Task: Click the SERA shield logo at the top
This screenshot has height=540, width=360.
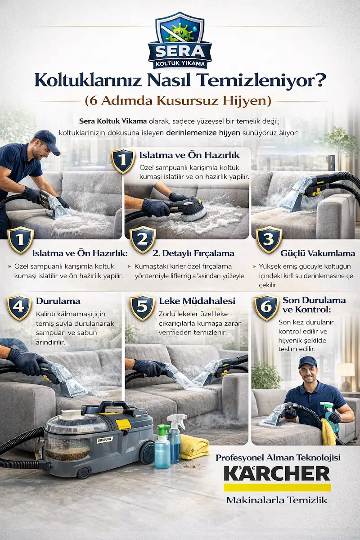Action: pos(180,40)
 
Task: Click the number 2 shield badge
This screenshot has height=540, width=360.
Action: pos(143,240)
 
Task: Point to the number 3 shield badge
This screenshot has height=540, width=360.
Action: pos(269,240)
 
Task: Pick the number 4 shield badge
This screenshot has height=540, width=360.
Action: pos(19,307)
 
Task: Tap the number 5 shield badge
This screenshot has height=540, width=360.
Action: pos(143,307)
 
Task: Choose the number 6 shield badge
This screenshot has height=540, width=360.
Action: pos(266,307)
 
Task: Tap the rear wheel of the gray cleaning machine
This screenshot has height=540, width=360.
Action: pos(147,454)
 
